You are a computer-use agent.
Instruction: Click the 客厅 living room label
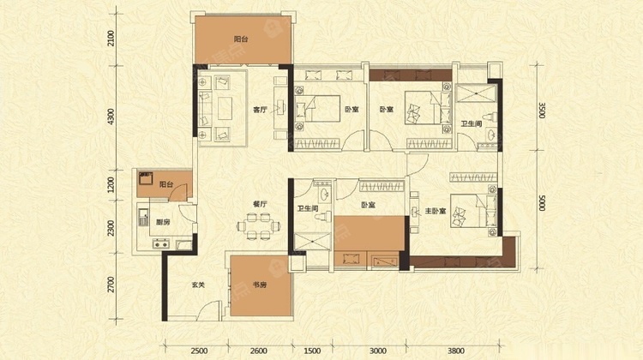[x=260, y=110]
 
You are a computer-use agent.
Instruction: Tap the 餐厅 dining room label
[x=260, y=204]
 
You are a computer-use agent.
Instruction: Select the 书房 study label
[x=260, y=285]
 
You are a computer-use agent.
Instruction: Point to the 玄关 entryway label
[x=198, y=285]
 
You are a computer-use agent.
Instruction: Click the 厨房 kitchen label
[x=163, y=223]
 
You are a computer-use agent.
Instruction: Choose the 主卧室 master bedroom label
[x=436, y=211]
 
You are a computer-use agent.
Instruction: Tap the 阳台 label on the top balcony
[x=241, y=39]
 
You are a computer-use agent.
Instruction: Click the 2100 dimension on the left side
[x=111, y=38]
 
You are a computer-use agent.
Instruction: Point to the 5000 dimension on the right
[x=542, y=203]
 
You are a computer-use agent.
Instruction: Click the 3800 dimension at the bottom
[x=456, y=351]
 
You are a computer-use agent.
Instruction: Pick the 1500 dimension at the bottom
[x=312, y=351]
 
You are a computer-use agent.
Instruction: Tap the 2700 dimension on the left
[x=111, y=285]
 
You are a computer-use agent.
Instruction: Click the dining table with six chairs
[x=258, y=226]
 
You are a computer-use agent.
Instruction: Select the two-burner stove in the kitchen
[x=161, y=244]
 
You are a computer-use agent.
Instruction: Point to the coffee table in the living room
[x=224, y=109]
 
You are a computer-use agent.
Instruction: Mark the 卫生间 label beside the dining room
[x=308, y=208]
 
